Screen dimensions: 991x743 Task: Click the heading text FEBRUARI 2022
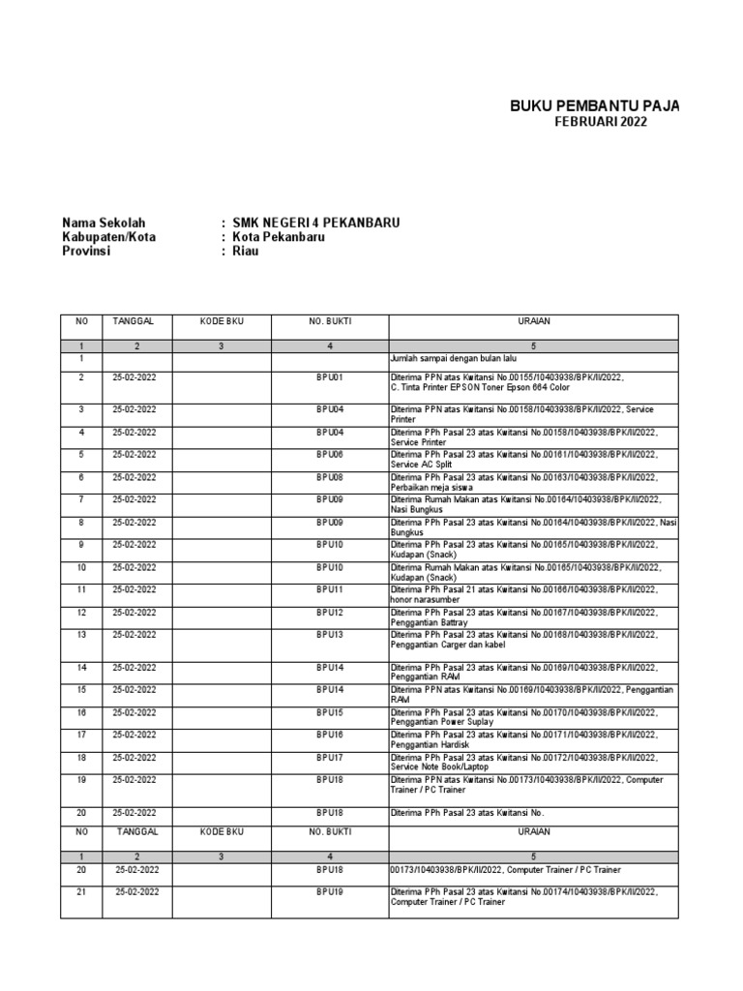pos(600,122)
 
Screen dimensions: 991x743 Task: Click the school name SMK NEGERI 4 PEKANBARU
pos(315,223)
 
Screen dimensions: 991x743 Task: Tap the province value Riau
pos(246,252)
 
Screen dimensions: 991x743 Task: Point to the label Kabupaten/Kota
pos(108,237)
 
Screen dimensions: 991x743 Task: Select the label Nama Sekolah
pos(103,223)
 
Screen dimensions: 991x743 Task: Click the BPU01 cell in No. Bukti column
pos(330,376)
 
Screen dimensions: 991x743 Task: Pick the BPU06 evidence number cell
pos(330,455)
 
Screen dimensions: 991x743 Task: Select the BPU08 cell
pos(330,477)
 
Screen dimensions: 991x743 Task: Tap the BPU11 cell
pos(330,589)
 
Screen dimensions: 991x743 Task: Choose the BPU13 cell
pos(330,635)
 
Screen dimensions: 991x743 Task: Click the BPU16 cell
pos(330,736)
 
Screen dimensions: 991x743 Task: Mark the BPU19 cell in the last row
pos(330,892)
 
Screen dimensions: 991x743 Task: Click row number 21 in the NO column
pos(82,892)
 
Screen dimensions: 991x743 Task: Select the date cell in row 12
pos(134,613)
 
